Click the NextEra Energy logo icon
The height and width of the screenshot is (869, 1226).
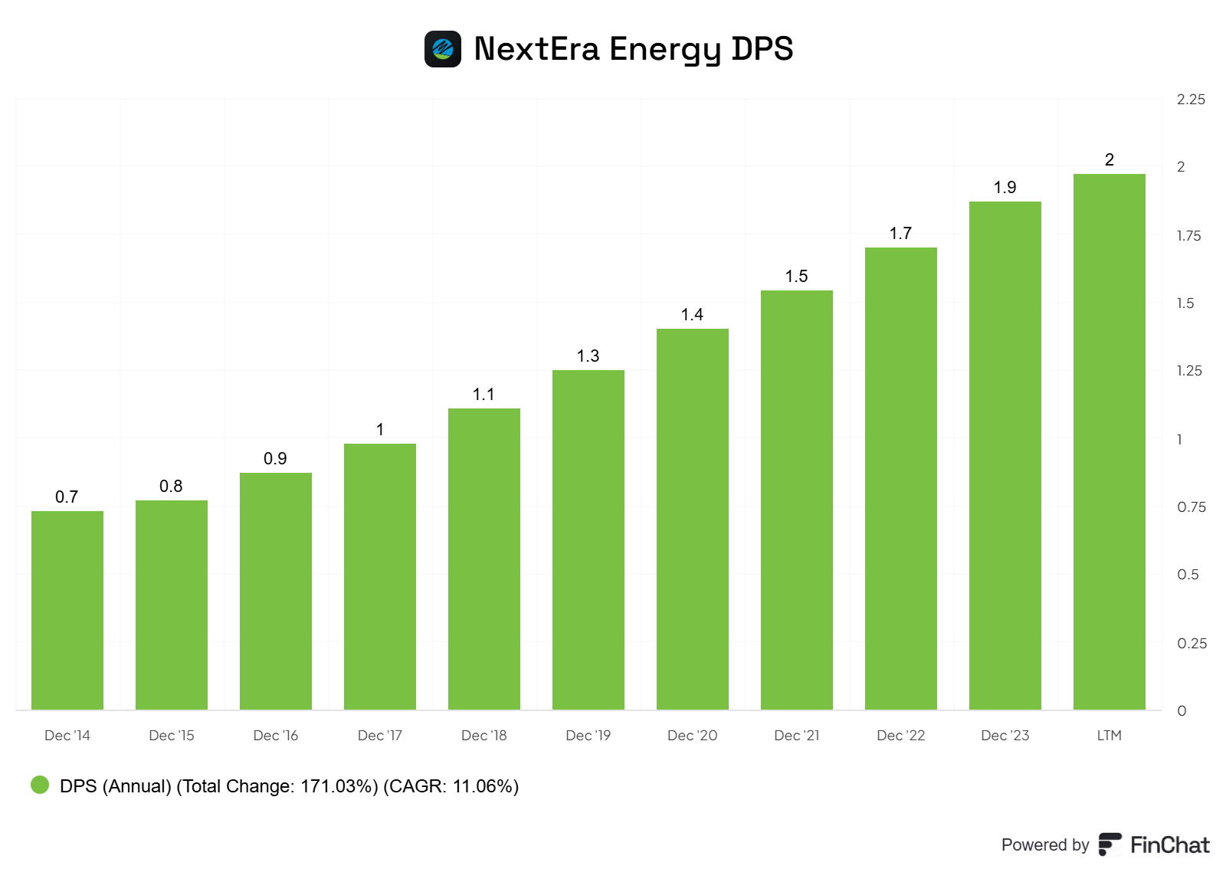[x=442, y=49]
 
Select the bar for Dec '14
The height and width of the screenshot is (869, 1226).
[x=67, y=610]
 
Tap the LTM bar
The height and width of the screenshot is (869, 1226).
[x=1109, y=441]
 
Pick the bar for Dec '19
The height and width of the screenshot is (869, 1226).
[x=588, y=539]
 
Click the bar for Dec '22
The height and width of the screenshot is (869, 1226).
[x=901, y=478]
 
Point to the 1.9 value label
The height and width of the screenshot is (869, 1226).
[x=1005, y=188]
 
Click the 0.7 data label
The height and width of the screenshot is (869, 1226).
[x=67, y=497]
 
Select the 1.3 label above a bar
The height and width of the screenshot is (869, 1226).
[x=588, y=356]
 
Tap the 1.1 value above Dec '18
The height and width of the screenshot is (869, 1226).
[x=484, y=395]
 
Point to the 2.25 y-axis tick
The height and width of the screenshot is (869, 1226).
[x=1191, y=100]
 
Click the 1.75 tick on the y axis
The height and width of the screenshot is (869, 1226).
[x=1188, y=236]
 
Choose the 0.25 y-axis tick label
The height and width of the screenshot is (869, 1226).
[x=1192, y=643]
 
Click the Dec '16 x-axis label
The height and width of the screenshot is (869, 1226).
[x=275, y=736]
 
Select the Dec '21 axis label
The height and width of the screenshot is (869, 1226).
[x=796, y=736]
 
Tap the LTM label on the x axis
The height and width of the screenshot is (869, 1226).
[x=1110, y=736]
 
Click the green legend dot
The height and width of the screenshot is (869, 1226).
[x=40, y=785]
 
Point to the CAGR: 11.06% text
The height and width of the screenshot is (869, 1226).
[x=451, y=786]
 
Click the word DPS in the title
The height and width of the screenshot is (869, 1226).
[x=762, y=48]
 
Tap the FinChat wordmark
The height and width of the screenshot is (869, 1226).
[x=1169, y=845]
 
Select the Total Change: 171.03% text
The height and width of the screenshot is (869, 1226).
[x=277, y=786]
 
